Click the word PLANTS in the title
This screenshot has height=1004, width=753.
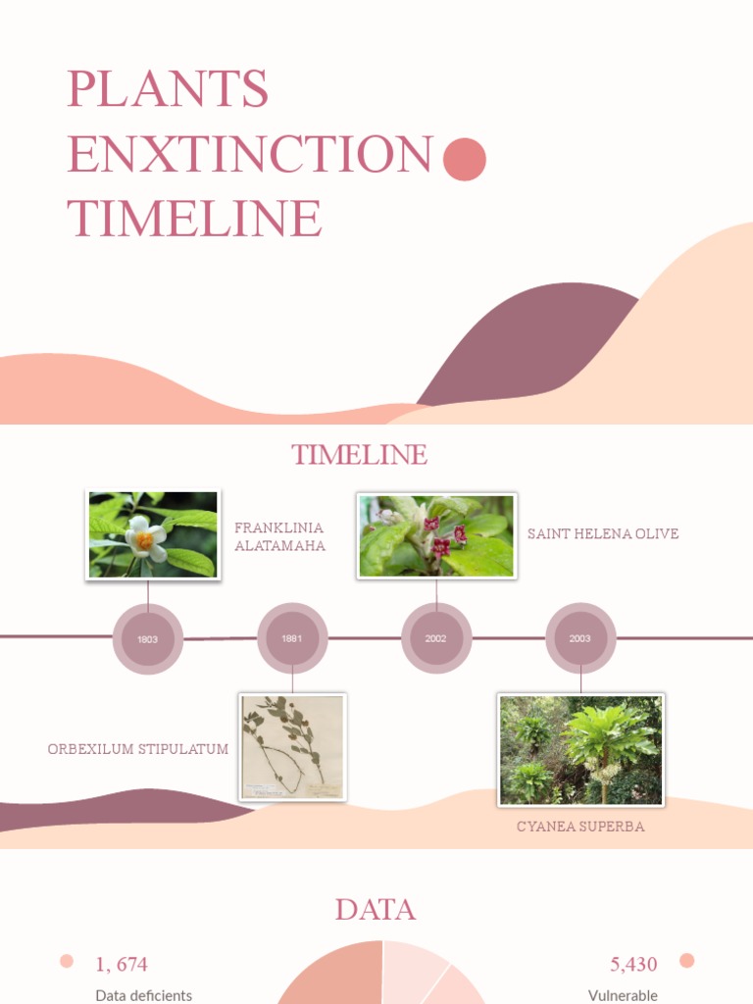point(168,89)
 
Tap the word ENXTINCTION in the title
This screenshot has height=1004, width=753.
point(250,154)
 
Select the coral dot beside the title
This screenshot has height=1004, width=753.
point(465,160)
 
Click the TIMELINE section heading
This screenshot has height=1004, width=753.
point(359,455)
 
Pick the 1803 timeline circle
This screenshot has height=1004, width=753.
point(148,639)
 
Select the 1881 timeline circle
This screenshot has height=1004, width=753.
point(292,638)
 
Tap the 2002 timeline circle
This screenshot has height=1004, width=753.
point(436,638)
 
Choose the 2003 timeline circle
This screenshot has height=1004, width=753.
point(580,638)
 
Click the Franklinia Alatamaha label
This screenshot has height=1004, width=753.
point(279,536)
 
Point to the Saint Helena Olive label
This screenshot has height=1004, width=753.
point(603,533)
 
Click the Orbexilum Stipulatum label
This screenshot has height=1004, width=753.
point(138,749)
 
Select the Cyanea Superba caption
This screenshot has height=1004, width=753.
point(580,827)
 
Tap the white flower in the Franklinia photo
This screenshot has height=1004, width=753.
point(144,535)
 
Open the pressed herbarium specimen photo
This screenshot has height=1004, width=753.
point(293,747)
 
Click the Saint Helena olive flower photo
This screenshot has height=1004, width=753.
point(436,535)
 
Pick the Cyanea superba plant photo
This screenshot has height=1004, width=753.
point(580,750)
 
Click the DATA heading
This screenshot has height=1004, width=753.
point(376,910)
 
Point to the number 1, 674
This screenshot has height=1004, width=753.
point(122,965)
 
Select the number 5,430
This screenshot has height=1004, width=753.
point(633,965)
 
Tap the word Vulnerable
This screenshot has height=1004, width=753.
point(623,995)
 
